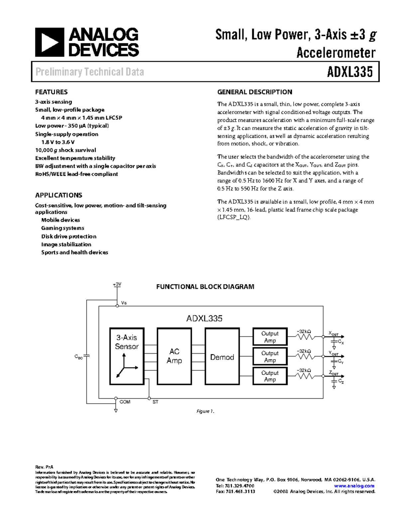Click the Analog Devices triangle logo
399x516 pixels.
point(50,42)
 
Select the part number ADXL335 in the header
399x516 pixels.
point(350,72)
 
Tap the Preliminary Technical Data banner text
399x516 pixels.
point(90,72)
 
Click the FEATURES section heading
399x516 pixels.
point(51,92)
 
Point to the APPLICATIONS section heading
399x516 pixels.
point(59,195)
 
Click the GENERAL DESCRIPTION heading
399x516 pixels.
point(255,92)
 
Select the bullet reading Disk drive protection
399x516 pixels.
point(69,236)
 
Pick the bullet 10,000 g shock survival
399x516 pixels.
point(66,150)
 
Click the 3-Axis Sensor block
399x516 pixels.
point(127,356)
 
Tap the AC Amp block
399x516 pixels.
point(174,356)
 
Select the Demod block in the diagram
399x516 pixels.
point(222,357)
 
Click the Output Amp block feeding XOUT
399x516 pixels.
point(270,337)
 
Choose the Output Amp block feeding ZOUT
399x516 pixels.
point(270,376)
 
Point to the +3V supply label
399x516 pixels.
point(117,284)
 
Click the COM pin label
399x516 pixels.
point(125,402)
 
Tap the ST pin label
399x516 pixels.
point(155,402)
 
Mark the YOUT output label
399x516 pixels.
point(333,353)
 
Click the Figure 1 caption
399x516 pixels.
point(205,411)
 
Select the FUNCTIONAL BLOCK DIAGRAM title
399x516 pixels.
point(205,287)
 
